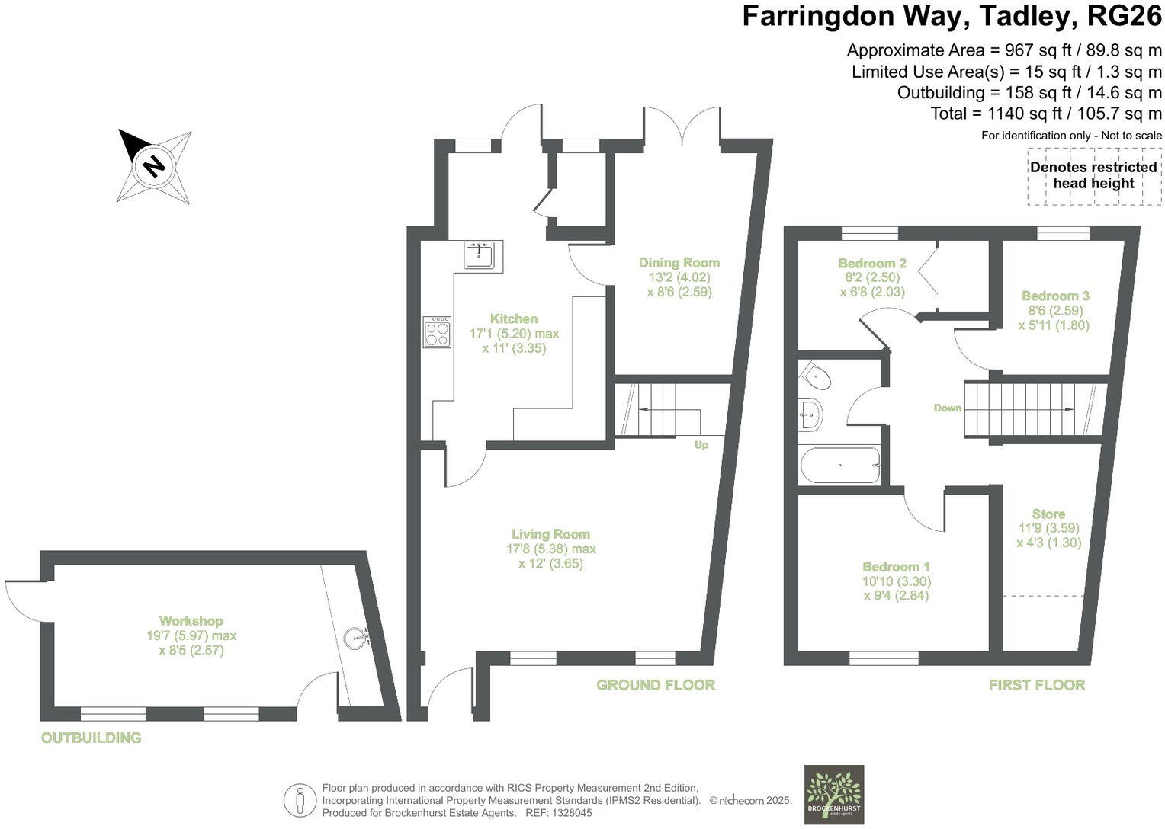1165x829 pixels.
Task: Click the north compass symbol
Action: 154,165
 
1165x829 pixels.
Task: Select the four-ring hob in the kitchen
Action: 437,332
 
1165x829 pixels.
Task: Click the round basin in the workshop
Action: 356,637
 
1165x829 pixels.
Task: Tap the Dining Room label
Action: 679,262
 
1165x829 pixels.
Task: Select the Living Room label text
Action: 550,534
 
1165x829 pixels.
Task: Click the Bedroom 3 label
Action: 1055,296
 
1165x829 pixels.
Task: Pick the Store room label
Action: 1048,514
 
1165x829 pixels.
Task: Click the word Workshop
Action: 191,621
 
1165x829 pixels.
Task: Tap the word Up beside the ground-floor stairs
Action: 701,445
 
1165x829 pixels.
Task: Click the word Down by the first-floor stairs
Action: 947,408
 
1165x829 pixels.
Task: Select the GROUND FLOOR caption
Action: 656,685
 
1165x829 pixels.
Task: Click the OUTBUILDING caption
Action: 91,738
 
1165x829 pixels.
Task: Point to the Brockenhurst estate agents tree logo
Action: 834,794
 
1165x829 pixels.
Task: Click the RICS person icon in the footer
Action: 300,802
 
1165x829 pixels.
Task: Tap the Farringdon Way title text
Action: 952,16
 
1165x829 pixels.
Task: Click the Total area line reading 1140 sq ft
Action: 1045,114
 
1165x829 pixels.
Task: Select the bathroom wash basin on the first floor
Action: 810,416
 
